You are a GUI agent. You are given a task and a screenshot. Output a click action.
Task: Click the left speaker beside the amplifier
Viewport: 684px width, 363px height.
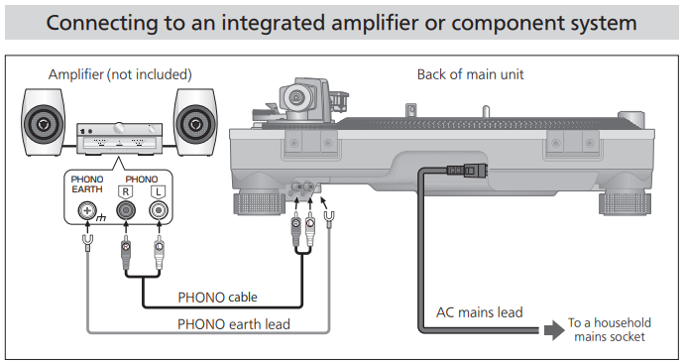point(44,122)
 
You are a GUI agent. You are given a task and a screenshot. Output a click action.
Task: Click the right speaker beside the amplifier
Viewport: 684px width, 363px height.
point(195,122)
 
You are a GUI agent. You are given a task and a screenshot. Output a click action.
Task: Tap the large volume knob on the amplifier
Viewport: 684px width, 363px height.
point(119,128)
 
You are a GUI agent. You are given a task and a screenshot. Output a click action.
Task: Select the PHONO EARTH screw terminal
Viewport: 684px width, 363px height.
point(86,210)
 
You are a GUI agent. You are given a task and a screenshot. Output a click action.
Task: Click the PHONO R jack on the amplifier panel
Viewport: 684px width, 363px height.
point(126,210)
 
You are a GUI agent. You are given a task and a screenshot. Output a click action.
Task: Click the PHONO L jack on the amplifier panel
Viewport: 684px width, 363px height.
point(158,210)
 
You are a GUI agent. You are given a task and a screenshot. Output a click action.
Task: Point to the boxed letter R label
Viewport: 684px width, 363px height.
point(126,192)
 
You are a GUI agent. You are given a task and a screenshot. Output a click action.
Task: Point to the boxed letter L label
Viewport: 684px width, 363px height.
point(158,192)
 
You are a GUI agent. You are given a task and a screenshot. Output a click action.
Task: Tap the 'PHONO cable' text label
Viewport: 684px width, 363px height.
point(217,298)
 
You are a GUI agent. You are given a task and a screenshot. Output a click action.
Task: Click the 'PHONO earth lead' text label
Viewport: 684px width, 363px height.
point(233,324)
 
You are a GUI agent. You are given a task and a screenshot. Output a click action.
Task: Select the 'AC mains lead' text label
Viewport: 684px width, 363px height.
point(480,312)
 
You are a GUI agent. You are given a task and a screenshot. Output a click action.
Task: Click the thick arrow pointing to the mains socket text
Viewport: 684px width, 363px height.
point(554,330)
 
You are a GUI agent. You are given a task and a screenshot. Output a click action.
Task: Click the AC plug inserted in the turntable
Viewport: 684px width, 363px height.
point(467,170)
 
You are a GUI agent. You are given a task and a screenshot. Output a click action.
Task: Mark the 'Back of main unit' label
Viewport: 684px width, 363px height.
point(470,74)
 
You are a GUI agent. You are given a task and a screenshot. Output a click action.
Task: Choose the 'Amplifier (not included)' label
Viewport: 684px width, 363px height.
point(120,74)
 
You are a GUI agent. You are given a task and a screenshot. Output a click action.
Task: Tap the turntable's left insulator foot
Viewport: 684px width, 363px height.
point(260,203)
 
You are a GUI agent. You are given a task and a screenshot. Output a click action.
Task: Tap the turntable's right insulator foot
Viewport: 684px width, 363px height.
point(626,203)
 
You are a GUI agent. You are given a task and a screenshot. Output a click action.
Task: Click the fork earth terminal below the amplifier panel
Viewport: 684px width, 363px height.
point(87,243)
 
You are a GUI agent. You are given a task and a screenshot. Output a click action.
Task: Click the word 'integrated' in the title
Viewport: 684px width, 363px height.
point(273,23)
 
